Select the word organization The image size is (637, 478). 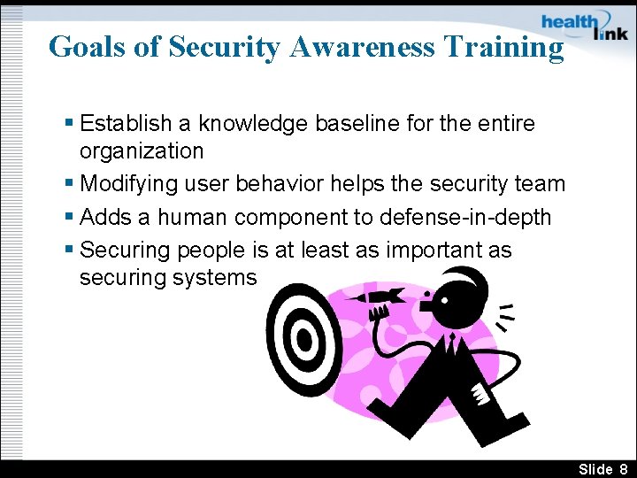[x=142, y=150]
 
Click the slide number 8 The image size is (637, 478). [x=623, y=468]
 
